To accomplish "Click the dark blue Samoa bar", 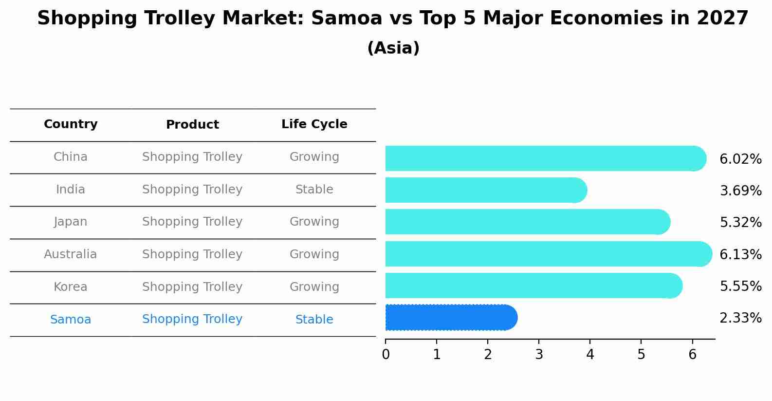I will point(451,318).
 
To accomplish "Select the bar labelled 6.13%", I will point(548,254).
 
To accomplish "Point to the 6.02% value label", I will point(740,159).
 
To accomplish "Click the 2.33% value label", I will point(740,318).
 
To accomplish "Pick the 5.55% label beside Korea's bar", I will point(740,286).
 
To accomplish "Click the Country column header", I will point(71,124).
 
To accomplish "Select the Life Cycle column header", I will point(314,124).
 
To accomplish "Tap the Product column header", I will point(192,125).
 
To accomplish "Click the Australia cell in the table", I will point(71,254).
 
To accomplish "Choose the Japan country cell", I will point(71,222).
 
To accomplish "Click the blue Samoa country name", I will point(71,320).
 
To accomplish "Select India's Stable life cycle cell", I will point(314,190).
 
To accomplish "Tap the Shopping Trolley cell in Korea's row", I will point(192,287).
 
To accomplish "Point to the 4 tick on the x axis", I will point(590,355).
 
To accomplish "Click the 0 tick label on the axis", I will point(386,355).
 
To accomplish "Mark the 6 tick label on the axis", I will point(692,355).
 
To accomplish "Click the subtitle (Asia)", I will point(393,48).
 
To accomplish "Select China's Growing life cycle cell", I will point(314,157).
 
